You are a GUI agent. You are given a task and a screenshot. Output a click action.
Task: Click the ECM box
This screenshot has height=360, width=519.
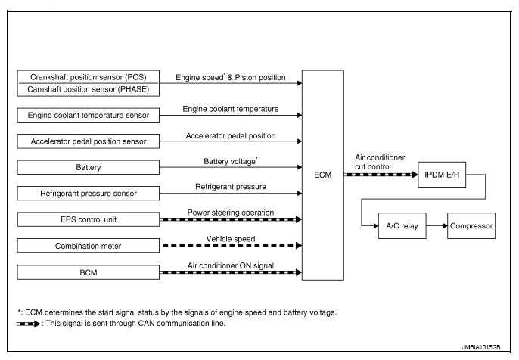click(x=323, y=175)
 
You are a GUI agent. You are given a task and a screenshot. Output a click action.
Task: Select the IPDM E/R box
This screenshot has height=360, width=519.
click(x=442, y=175)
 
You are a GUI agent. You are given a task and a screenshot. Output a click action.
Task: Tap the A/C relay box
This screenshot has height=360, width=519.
click(x=402, y=225)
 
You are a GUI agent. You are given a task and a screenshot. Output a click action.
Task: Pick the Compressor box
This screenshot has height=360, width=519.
click(x=471, y=225)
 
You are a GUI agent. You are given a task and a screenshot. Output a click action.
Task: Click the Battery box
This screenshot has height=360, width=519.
click(x=89, y=167)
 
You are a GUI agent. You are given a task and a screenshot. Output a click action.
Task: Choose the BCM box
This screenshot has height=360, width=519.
click(x=89, y=272)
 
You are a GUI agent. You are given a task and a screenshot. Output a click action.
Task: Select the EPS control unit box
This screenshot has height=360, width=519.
click(x=89, y=219)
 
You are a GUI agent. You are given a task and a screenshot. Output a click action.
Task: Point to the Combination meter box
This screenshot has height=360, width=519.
click(x=89, y=246)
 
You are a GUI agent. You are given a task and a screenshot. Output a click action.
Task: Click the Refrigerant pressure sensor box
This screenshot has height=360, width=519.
click(x=89, y=194)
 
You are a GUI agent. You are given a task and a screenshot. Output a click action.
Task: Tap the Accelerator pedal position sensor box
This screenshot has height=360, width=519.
click(x=89, y=141)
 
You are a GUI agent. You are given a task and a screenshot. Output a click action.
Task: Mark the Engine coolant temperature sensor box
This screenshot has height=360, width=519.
click(x=89, y=115)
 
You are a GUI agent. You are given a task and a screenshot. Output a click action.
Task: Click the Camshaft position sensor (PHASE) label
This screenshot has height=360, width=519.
click(x=89, y=89)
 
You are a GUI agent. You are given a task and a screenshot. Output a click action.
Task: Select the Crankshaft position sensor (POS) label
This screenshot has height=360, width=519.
click(x=89, y=77)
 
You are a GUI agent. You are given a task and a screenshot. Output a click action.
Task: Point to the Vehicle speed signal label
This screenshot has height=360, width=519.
click(x=231, y=239)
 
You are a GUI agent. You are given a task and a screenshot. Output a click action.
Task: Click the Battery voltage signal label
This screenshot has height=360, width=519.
click(x=231, y=161)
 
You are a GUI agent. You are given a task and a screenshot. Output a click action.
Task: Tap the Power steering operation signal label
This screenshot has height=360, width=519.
click(x=231, y=213)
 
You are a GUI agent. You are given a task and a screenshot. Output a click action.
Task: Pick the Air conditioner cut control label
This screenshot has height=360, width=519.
click(x=380, y=162)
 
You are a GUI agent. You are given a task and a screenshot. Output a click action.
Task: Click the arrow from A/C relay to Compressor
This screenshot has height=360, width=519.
click(x=437, y=225)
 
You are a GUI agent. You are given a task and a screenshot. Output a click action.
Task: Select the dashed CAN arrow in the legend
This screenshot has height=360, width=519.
click(x=29, y=324)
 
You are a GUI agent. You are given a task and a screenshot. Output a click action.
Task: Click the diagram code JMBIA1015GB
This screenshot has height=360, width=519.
click(x=481, y=347)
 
